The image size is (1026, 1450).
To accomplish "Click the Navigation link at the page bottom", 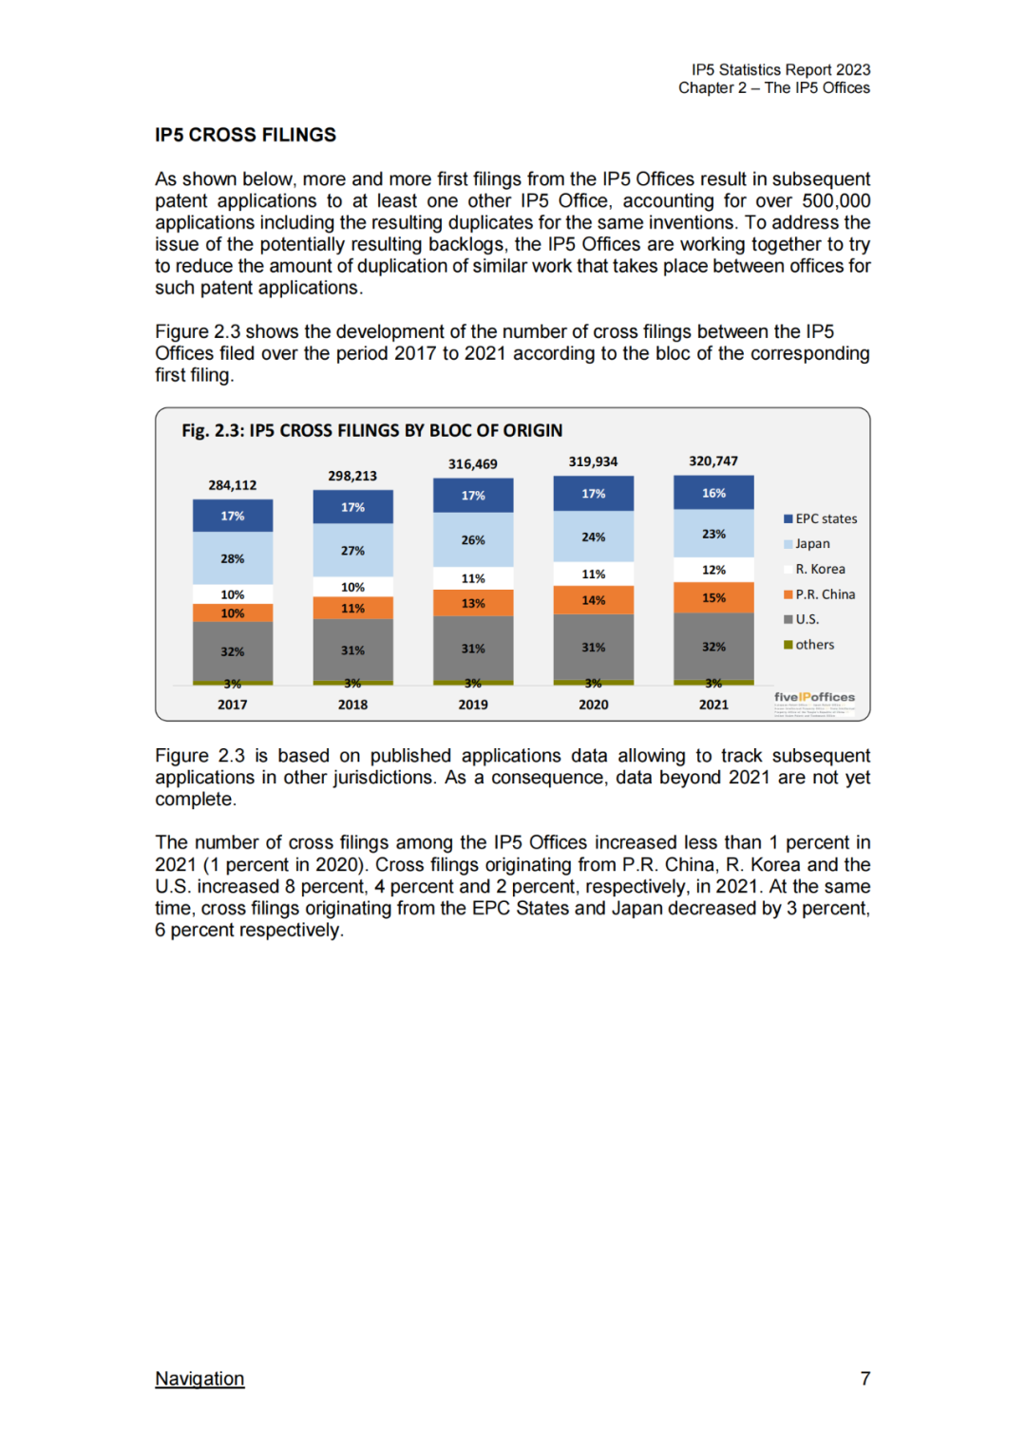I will (x=199, y=1378).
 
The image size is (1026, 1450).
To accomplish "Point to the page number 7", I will (x=864, y=1378).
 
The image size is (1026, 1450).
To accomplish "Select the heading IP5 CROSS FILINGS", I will (x=245, y=135).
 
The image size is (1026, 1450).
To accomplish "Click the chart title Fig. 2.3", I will (x=371, y=430).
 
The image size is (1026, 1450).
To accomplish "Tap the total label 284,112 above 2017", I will (x=233, y=485).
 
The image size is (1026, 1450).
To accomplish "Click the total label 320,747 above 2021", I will (x=713, y=461).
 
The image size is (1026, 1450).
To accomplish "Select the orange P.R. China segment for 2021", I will (x=713, y=597).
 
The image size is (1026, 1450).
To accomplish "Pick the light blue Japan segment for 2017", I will (x=233, y=558).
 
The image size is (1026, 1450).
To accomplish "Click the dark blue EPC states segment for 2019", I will (x=473, y=496).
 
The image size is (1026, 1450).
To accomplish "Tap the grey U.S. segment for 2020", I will (x=594, y=647).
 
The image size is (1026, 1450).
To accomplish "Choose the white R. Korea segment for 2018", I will (x=352, y=587).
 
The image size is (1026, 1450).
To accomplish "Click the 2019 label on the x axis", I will (x=473, y=705).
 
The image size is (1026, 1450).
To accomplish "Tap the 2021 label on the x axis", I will (x=713, y=705).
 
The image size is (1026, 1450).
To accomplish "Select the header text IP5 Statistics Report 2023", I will (x=781, y=69).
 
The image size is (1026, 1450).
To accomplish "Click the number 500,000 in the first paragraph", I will (x=836, y=200).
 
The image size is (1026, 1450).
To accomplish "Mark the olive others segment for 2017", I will (x=233, y=683).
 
